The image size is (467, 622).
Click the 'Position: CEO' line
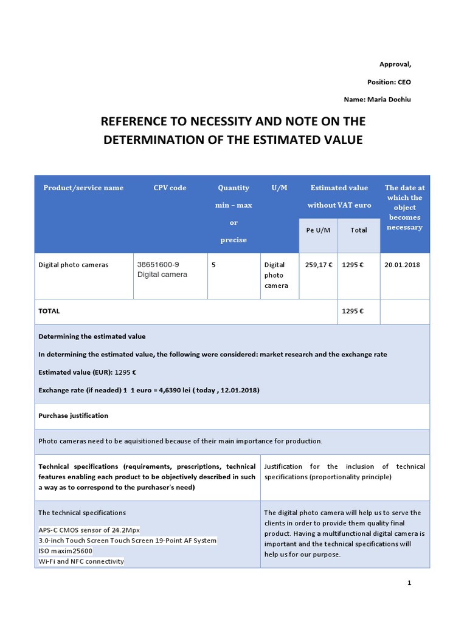pyautogui.click(x=393, y=81)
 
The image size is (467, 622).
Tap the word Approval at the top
pyautogui.click(x=395, y=64)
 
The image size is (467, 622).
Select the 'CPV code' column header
pyautogui.click(x=170, y=188)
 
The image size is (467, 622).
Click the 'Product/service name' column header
pyautogui.click(x=83, y=188)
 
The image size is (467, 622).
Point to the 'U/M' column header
pyautogui.click(x=279, y=188)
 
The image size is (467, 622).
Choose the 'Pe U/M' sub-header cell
pyautogui.click(x=317, y=230)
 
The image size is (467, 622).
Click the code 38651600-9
pyautogui.click(x=158, y=264)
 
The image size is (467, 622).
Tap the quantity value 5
pyautogui.click(x=213, y=265)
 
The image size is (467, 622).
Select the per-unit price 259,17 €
pyautogui.click(x=317, y=265)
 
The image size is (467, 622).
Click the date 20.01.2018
pyautogui.click(x=403, y=265)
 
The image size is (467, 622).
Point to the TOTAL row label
pyautogui.click(x=49, y=311)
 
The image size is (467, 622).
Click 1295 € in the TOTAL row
pyautogui.click(x=353, y=311)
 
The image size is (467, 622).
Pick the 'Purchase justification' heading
pyautogui.click(x=73, y=415)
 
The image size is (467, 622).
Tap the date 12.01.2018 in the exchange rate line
pyautogui.click(x=238, y=390)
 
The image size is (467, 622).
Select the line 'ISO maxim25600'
pyautogui.click(x=65, y=551)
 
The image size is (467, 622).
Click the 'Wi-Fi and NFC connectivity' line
pyautogui.click(x=81, y=561)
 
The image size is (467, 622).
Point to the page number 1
pyautogui.click(x=409, y=583)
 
